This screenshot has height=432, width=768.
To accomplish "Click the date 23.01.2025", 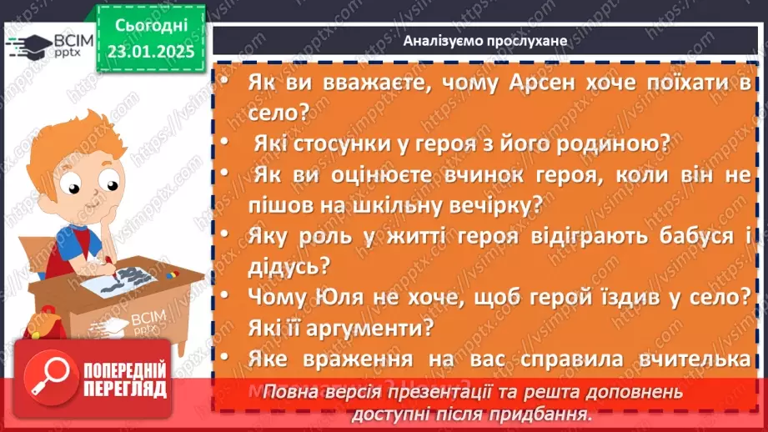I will (151, 51).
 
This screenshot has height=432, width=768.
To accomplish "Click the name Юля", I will (339, 297).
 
